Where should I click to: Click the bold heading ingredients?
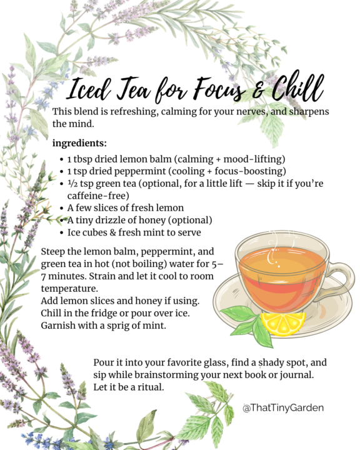point(79,143)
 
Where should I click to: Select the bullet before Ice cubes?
point(61,232)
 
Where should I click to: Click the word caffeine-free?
point(98,196)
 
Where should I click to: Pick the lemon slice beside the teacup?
point(282,324)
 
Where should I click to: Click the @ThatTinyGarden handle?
point(283,407)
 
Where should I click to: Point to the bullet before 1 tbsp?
point(61,159)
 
